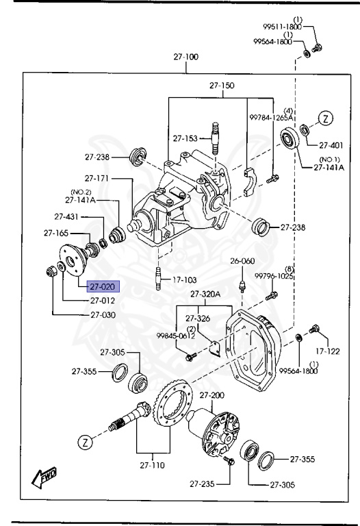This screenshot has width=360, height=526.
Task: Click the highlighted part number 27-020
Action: (x=102, y=287)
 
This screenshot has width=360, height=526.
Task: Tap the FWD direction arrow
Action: (x=44, y=477)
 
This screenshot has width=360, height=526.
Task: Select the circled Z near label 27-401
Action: (x=326, y=118)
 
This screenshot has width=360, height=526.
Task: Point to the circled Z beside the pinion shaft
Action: (x=86, y=442)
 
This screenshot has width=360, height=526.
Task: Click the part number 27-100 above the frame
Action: (x=185, y=57)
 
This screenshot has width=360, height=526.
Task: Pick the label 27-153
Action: (x=185, y=138)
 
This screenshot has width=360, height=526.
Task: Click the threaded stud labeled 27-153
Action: (x=216, y=138)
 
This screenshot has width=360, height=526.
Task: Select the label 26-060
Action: (x=242, y=261)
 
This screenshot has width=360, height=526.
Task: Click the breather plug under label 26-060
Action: (x=242, y=287)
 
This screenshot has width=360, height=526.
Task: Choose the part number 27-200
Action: (x=212, y=395)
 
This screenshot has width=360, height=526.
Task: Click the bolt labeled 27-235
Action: (x=229, y=460)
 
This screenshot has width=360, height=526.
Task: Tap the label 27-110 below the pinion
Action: (x=153, y=465)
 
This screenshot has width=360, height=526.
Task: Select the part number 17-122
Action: (x=327, y=351)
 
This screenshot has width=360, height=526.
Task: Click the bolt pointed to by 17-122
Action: (x=313, y=329)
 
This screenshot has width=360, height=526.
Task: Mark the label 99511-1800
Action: (x=282, y=27)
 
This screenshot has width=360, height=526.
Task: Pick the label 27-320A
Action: (x=205, y=295)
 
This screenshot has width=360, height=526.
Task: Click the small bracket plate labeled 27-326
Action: (x=214, y=349)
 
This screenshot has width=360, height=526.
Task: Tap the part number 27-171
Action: (x=97, y=178)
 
